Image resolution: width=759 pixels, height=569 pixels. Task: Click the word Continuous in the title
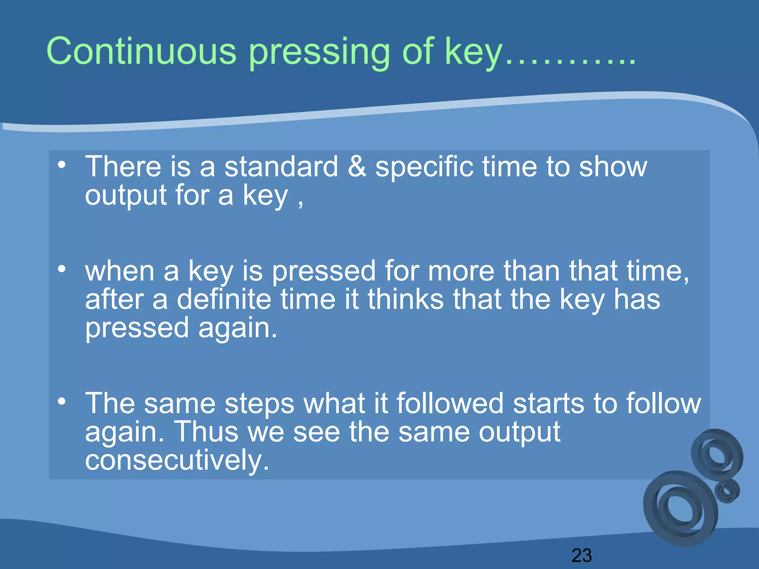[x=141, y=51]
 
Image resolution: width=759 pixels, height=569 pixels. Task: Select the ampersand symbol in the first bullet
[x=357, y=167]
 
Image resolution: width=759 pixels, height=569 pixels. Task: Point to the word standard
[x=281, y=167]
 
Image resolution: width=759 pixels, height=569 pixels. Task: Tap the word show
[x=613, y=167]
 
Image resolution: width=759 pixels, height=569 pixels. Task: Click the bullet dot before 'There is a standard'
[x=62, y=164]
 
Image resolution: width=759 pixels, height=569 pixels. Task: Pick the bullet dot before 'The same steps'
[x=62, y=401]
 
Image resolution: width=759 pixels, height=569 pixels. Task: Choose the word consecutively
[x=177, y=460]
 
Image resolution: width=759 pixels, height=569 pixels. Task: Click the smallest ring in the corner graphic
[x=727, y=491]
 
